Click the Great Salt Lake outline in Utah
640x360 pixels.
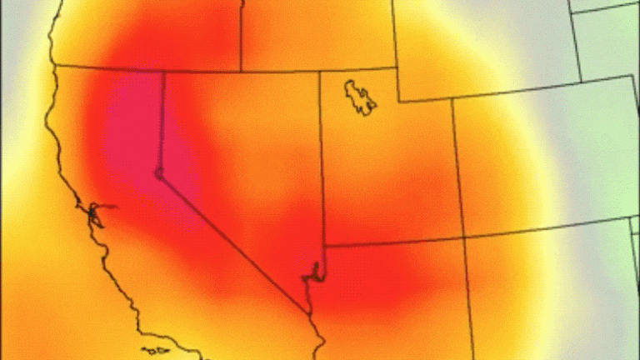coord(360,97)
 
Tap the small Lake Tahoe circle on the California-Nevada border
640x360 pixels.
coord(158,173)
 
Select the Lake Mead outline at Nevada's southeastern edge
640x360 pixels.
coord(315,271)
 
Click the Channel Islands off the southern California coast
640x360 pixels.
coord(155,351)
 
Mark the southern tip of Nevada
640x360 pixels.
coord(309,313)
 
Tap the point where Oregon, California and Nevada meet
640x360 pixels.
coord(162,72)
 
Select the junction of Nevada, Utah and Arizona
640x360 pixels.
coord(323,246)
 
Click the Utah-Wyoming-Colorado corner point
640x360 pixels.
coord(453,98)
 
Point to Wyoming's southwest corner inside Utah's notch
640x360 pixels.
coord(397,102)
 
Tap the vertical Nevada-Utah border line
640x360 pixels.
coord(322,167)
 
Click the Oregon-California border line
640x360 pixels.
coord(108,68)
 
